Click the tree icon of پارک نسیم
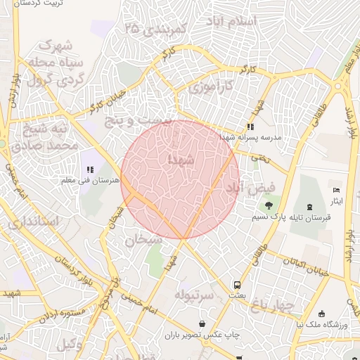pyautogui.click(x=269, y=205)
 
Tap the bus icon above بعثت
pyautogui.click(x=238, y=285)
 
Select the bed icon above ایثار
pyautogui.click(x=336, y=191)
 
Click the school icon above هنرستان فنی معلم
pyautogui.click(x=89, y=169)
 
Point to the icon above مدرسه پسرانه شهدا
pyautogui.click(x=250, y=127)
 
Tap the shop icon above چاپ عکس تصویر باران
pyautogui.click(x=202, y=324)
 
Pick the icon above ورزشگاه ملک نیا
pyautogui.click(x=321, y=314)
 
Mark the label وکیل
pyautogui.click(x=68, y=345)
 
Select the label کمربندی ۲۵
pyautogui.click(x=154, y=30)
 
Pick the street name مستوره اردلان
pyautogui.click(x=63, y=314)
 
